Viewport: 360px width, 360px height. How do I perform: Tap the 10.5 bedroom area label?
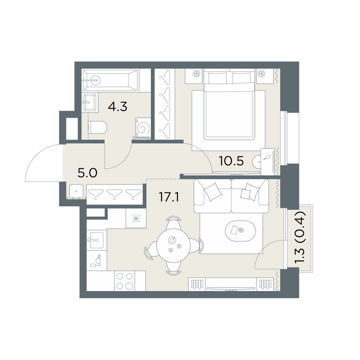pyautogui.click(x=231, y=161)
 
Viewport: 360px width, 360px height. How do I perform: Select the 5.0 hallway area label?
pyautogui.click(x=87, y=173)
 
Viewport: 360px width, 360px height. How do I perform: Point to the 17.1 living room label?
pyautogui.click(x=169, y=197)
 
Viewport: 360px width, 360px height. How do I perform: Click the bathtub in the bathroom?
pyautogui.click(x=110, y=80)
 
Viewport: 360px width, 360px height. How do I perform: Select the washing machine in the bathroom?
pyautogui.click(x=143, y=128)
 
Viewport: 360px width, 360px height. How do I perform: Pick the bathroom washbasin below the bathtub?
pyautogui.click(x=90, y=102)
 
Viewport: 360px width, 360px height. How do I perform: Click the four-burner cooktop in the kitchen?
pyautogui.click(x=125, y=281)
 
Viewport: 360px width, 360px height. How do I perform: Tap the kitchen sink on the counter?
pyautogui.click(x=96, y=240)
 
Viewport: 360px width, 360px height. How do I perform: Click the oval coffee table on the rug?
pyautogui.click(x=240, y=231)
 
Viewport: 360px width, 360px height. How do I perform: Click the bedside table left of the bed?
pyautogui.click(x=194, y=76)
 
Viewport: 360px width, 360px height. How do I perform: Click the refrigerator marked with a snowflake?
pyautogui.click(x=136, y=219)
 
